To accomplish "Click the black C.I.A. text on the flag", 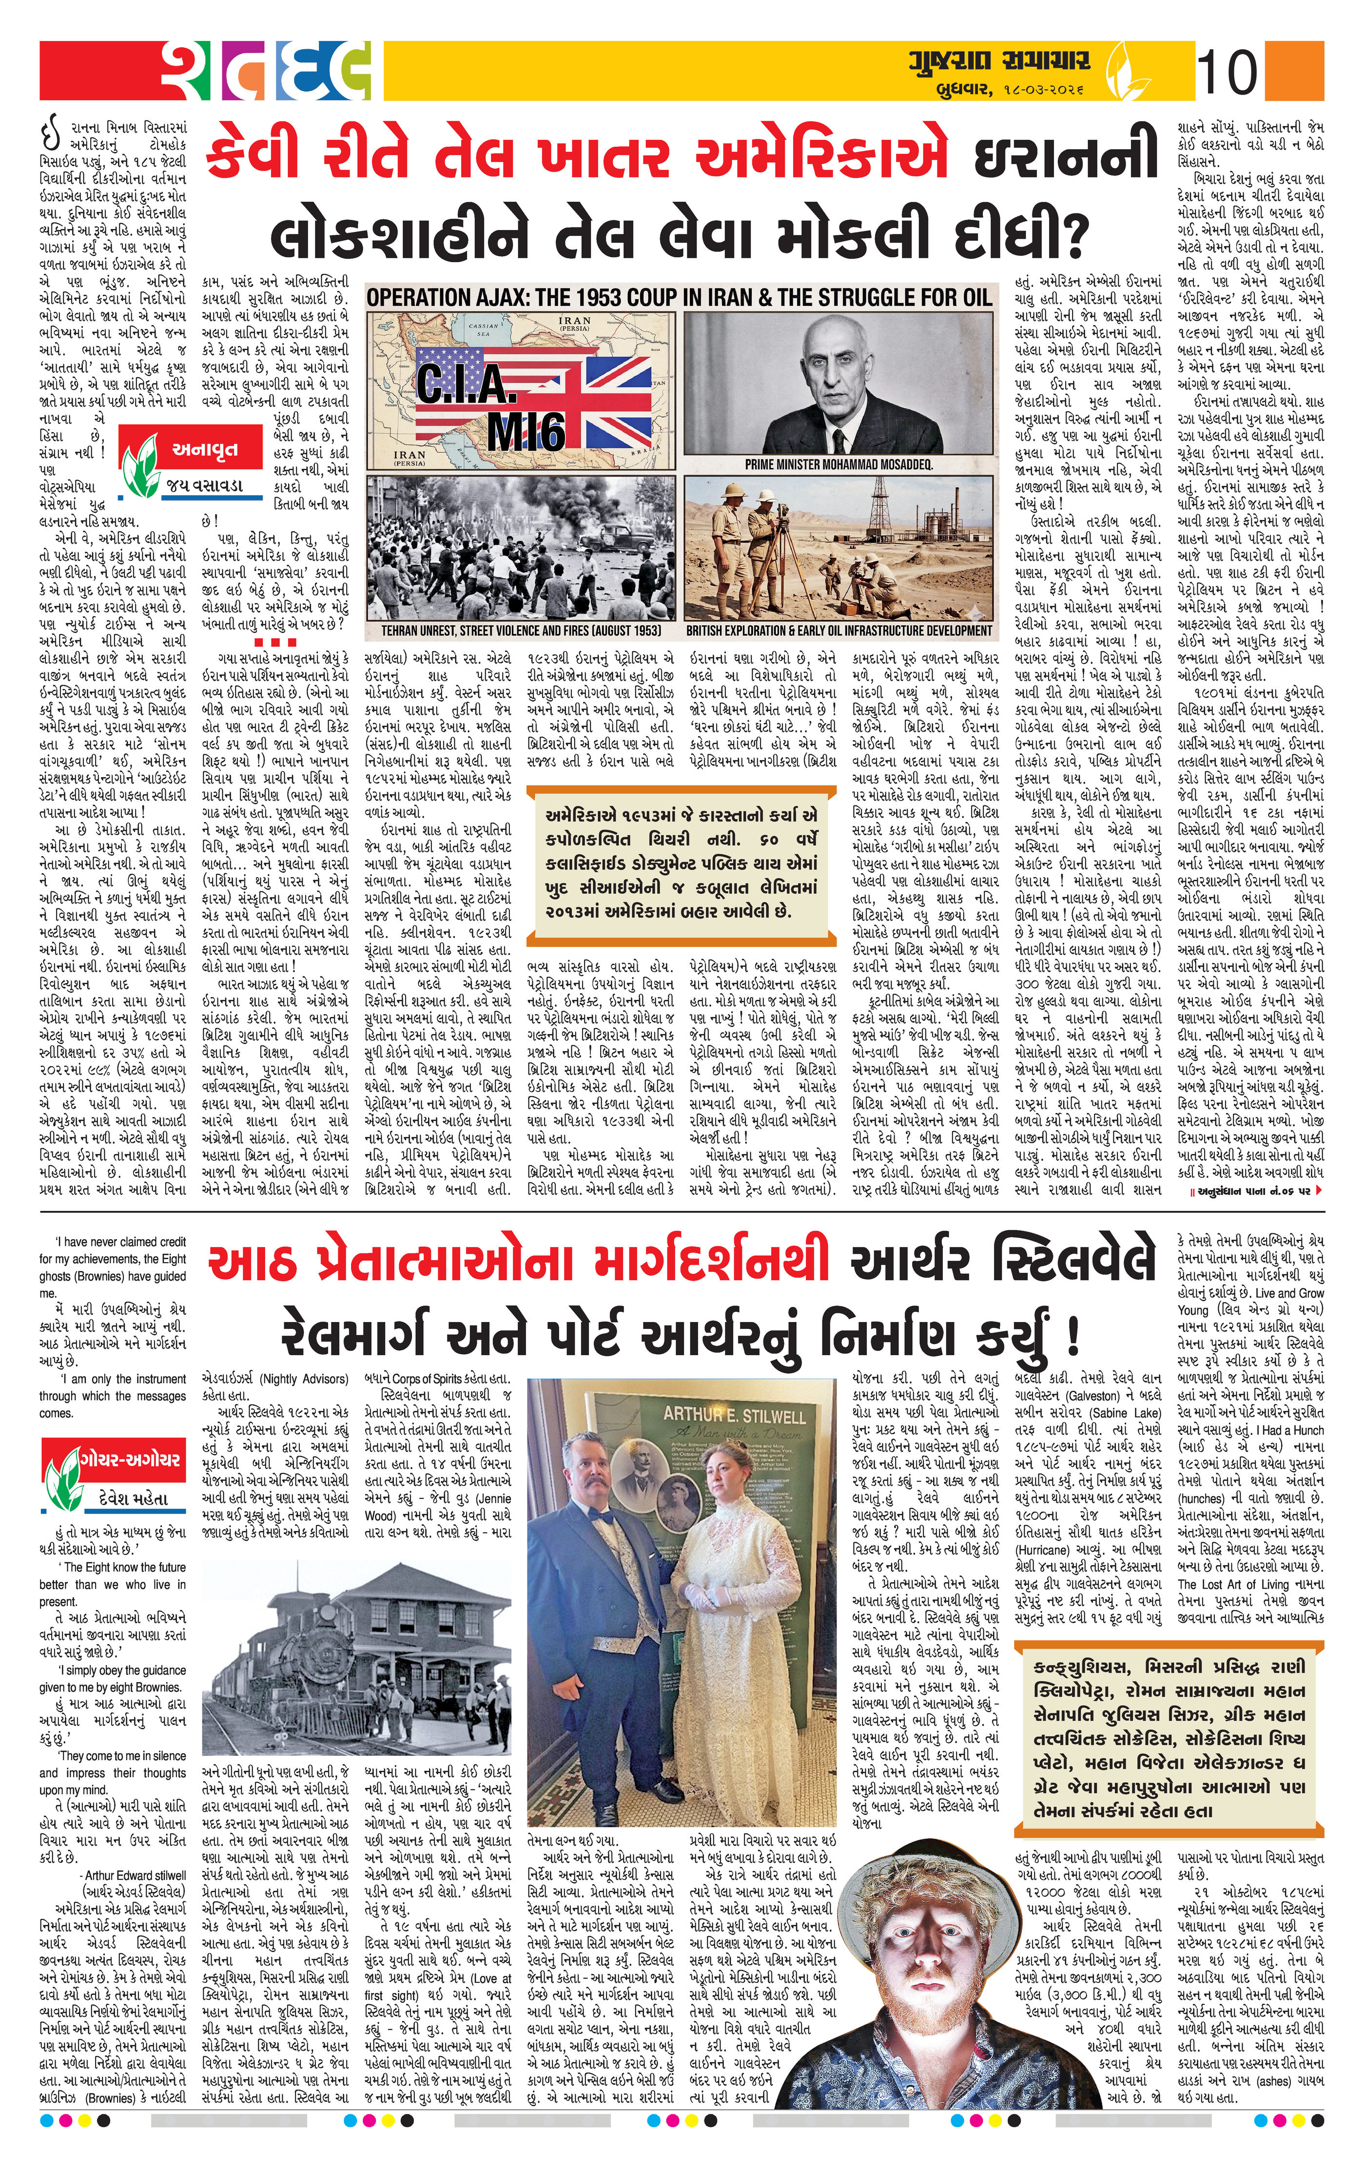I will tap(468, 385).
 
